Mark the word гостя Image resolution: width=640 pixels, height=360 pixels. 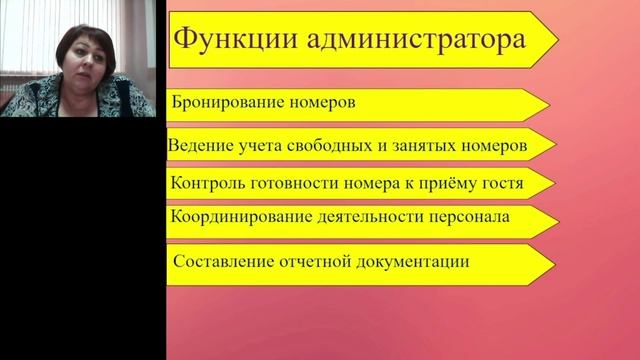pyautogui.click(x=498, y=184)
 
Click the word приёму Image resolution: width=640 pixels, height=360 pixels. pyautogui.click(x=443, y=184)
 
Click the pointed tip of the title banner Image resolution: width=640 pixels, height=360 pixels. pyautogui.click(x=556, y=41)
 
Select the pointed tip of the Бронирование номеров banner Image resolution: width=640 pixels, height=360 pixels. pyautogui.click(x=548, y=105)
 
